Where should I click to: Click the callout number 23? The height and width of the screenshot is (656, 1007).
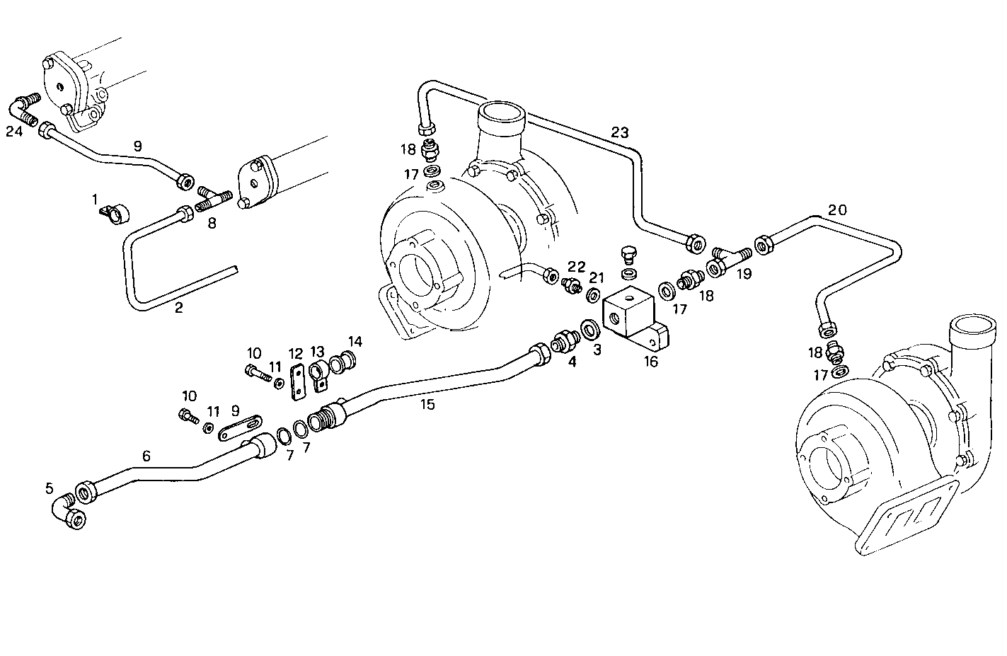click(x=619, y=132)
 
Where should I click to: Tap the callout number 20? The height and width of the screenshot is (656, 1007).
click(x=837, y=210)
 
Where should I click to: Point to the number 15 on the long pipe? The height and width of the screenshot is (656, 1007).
click(x=427, y=405)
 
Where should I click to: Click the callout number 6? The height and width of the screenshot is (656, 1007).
click(x=146, y=456)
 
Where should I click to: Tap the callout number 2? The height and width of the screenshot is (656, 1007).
click(x=178, y=308)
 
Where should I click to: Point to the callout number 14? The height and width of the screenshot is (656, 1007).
click(x=355, y=342)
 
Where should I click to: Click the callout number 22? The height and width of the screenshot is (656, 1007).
click(x=577, y=267)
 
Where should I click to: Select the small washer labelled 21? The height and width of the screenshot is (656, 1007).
click(x=594, y=294)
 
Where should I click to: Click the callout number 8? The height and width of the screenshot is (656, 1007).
click(x=212, y=224)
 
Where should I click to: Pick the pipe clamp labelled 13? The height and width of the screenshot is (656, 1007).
click(x=318, y=372)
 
